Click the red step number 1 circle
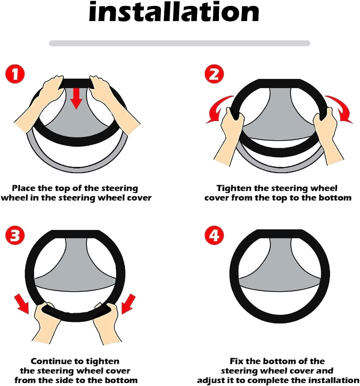15,74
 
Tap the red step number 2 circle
214,74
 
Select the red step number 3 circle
15,236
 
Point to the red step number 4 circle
214,236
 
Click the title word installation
174,12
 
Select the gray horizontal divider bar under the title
179,43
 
